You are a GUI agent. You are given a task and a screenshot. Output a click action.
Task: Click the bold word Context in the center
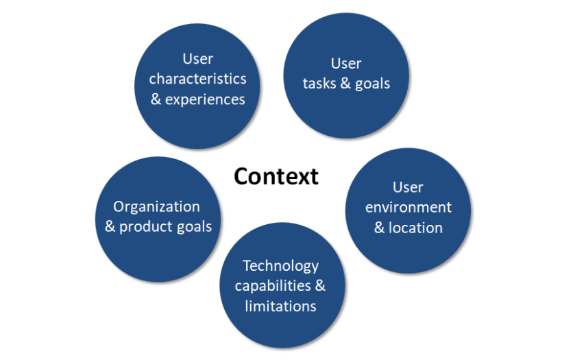[276, 176]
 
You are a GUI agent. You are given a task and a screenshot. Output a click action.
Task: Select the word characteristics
[197, 78]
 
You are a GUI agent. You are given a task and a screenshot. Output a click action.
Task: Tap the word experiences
[206, 99]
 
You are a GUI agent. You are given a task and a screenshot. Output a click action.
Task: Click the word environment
[408, 207]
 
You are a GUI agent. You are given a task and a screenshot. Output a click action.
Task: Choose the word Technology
[281, 265]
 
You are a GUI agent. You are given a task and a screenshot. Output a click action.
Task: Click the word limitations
[281, 306]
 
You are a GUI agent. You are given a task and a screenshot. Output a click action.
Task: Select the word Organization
[157, 206]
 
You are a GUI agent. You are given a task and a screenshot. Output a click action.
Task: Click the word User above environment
[408, 187]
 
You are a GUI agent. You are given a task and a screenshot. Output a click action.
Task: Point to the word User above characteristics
[197, 58]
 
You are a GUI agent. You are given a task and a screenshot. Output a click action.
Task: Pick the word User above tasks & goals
[346, 64]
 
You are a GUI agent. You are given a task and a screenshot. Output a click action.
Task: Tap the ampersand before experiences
[156, 99]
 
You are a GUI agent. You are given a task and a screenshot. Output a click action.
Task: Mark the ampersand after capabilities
[320, 285]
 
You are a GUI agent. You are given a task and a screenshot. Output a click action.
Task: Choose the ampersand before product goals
[110, 226]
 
